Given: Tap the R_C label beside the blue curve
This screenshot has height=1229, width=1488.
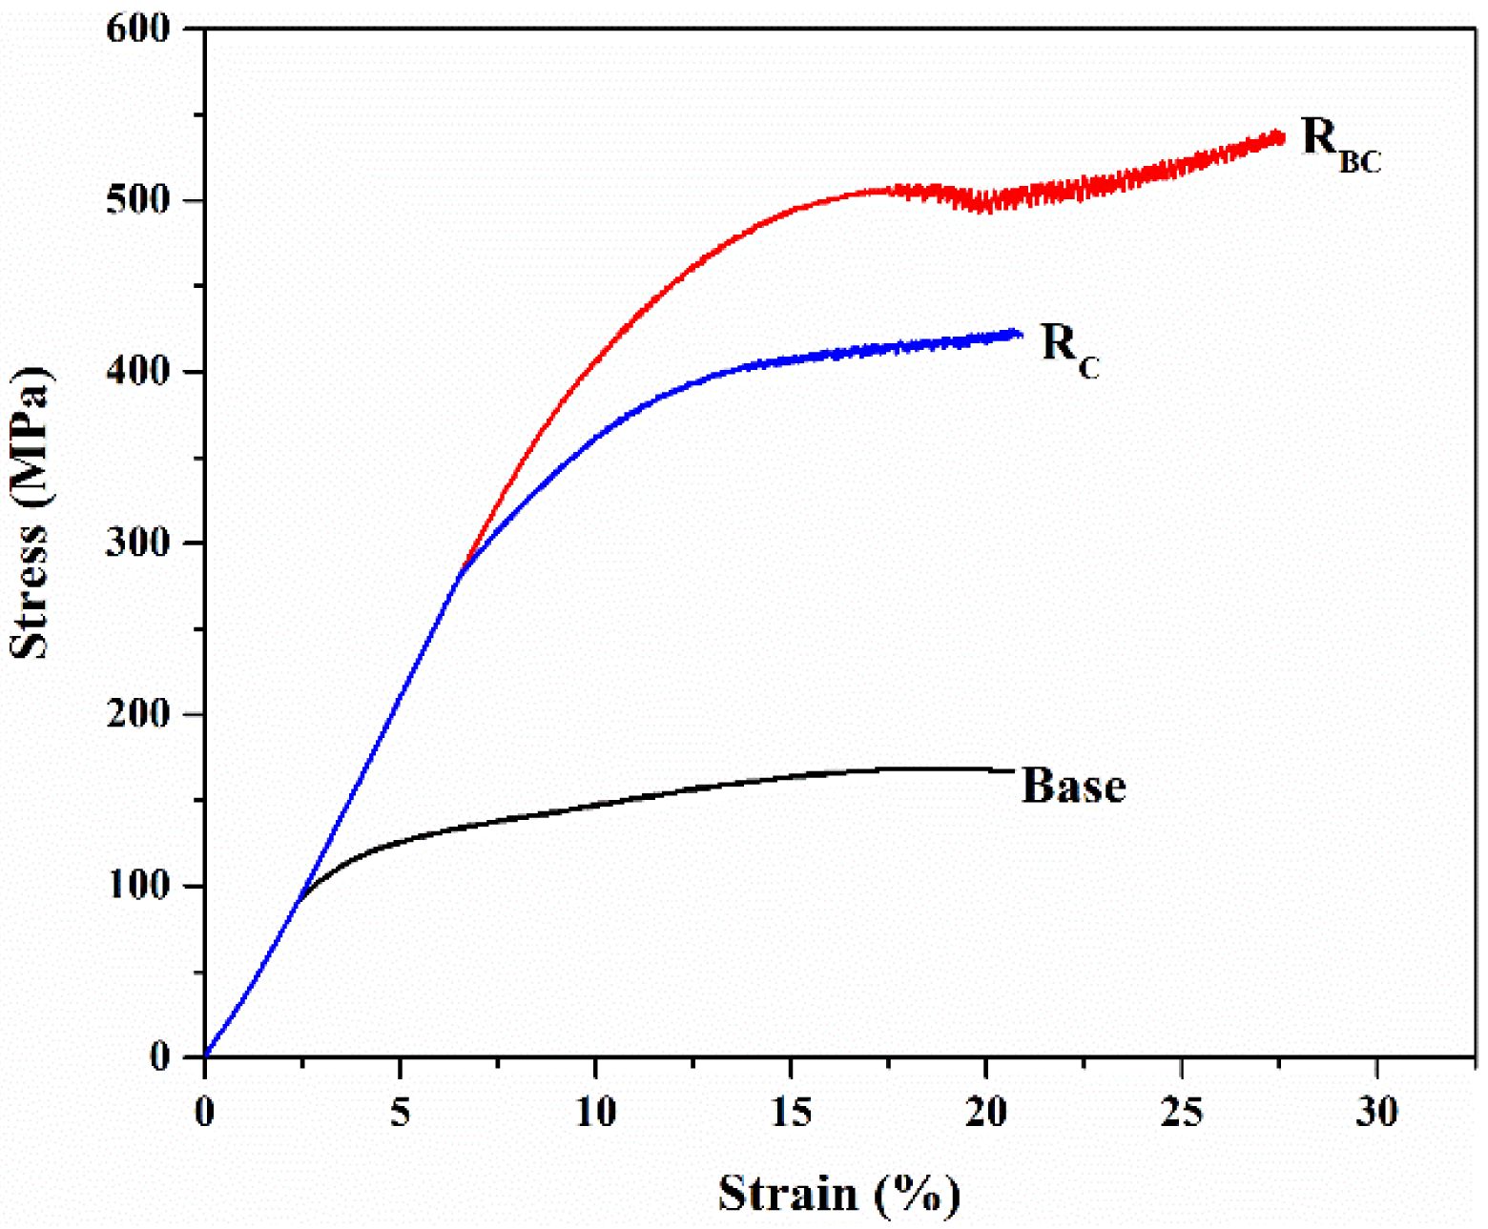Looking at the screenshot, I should click(x=1069, y=348).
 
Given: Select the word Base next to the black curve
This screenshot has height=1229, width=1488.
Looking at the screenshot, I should click(x=1073, y=786).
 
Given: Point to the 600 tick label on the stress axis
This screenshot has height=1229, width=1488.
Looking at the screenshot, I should click(x=137, y=29).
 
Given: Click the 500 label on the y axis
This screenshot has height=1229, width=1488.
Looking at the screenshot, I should click(x=137, y=200).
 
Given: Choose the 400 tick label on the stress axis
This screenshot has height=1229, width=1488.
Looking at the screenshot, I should click(x=137, y=372).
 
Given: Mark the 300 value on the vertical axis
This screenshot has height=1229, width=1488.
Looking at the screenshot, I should click(x=137, y=543).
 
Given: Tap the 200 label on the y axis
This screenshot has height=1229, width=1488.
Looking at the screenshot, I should click(x=137, y=714).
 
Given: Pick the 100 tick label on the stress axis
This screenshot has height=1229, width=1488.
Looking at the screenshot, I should click(x=137, y=886).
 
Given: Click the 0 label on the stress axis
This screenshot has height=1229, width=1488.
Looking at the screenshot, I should click(x=159, y=1056).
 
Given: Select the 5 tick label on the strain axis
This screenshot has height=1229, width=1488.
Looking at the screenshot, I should click(x=400, y=1112).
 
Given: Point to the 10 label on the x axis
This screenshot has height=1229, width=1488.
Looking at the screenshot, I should click(x=595, y=1112).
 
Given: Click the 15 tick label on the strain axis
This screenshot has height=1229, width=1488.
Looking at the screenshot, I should click(x=791, y=1112).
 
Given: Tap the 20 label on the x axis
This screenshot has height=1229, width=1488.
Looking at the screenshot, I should click(x=986, y=1112).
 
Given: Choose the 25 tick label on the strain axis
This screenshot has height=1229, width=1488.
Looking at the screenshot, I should click(x=1182, y=1112).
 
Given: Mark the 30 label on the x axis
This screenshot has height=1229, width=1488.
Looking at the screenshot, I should click(x=1376, y=1112).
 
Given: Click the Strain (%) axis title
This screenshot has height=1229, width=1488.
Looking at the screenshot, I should click(x=838, y=1194).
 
